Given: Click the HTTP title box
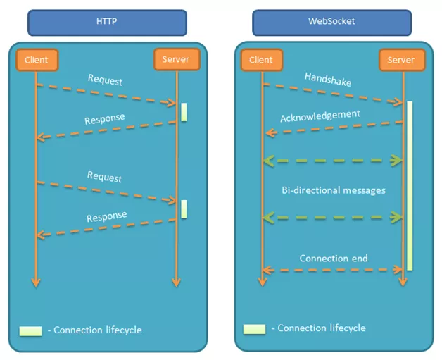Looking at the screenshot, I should [x=107, y=22].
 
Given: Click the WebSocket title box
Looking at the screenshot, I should [x=332, y=22].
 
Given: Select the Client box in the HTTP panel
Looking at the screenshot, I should [x=36, y=60].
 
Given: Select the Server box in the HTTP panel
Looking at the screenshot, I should [x=176, y=60].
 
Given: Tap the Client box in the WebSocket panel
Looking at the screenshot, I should [x=262, y=60].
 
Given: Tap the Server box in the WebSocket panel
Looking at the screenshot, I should [x=401, y=60].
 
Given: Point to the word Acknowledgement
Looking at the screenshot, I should [x=320, y=116].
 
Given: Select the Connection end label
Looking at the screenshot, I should [x=334, y=259].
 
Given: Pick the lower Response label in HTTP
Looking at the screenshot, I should [x=107, y=216].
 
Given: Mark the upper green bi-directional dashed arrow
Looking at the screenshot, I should [x=332, y=161].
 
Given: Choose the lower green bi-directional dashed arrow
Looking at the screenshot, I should [x=332, y=217].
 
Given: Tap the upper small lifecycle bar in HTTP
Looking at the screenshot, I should [x=184, y=112].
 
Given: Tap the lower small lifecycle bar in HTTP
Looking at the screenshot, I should [x=184, y=209].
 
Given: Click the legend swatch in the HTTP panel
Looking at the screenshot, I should [x=31, y=330].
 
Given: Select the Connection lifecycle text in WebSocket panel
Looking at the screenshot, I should [x=322, y=328].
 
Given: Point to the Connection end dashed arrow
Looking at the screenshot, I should [x=332, y=270].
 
